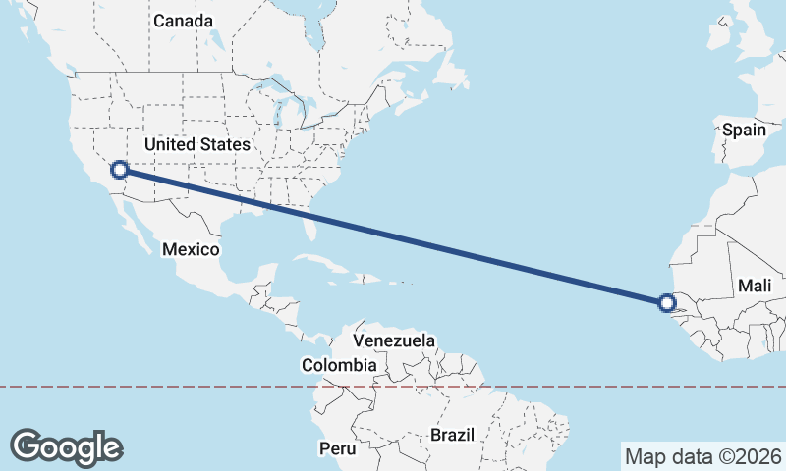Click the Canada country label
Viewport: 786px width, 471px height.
point(183,20)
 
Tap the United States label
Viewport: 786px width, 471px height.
point(197,144)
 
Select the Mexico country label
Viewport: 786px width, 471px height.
point(191,249)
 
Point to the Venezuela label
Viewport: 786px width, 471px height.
point(394,340)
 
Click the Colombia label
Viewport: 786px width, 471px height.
point(339,365)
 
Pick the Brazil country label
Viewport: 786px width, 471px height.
point(452,434)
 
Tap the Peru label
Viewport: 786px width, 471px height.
point(337,448)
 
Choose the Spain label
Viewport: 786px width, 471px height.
point(744,130)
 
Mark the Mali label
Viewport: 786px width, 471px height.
point(756,286)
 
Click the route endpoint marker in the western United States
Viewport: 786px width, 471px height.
point(119,170)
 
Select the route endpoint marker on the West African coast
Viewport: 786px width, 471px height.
point(668,303)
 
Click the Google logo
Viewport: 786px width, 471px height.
point(67,447)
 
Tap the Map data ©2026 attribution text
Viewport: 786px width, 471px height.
point(702,456)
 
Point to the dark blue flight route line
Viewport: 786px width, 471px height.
point(393,236)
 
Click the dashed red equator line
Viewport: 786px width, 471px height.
point(196,387)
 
